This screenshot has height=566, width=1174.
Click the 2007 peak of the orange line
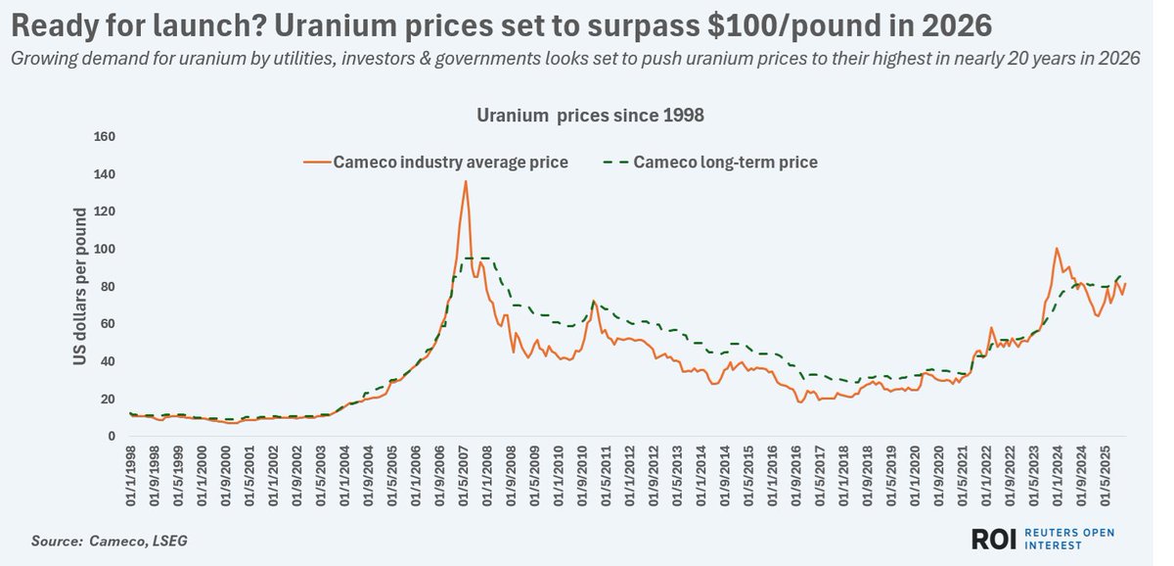466,181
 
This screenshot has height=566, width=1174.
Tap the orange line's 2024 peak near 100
1056,249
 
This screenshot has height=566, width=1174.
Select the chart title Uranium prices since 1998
590,115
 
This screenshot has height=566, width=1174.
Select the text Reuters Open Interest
1072,539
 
